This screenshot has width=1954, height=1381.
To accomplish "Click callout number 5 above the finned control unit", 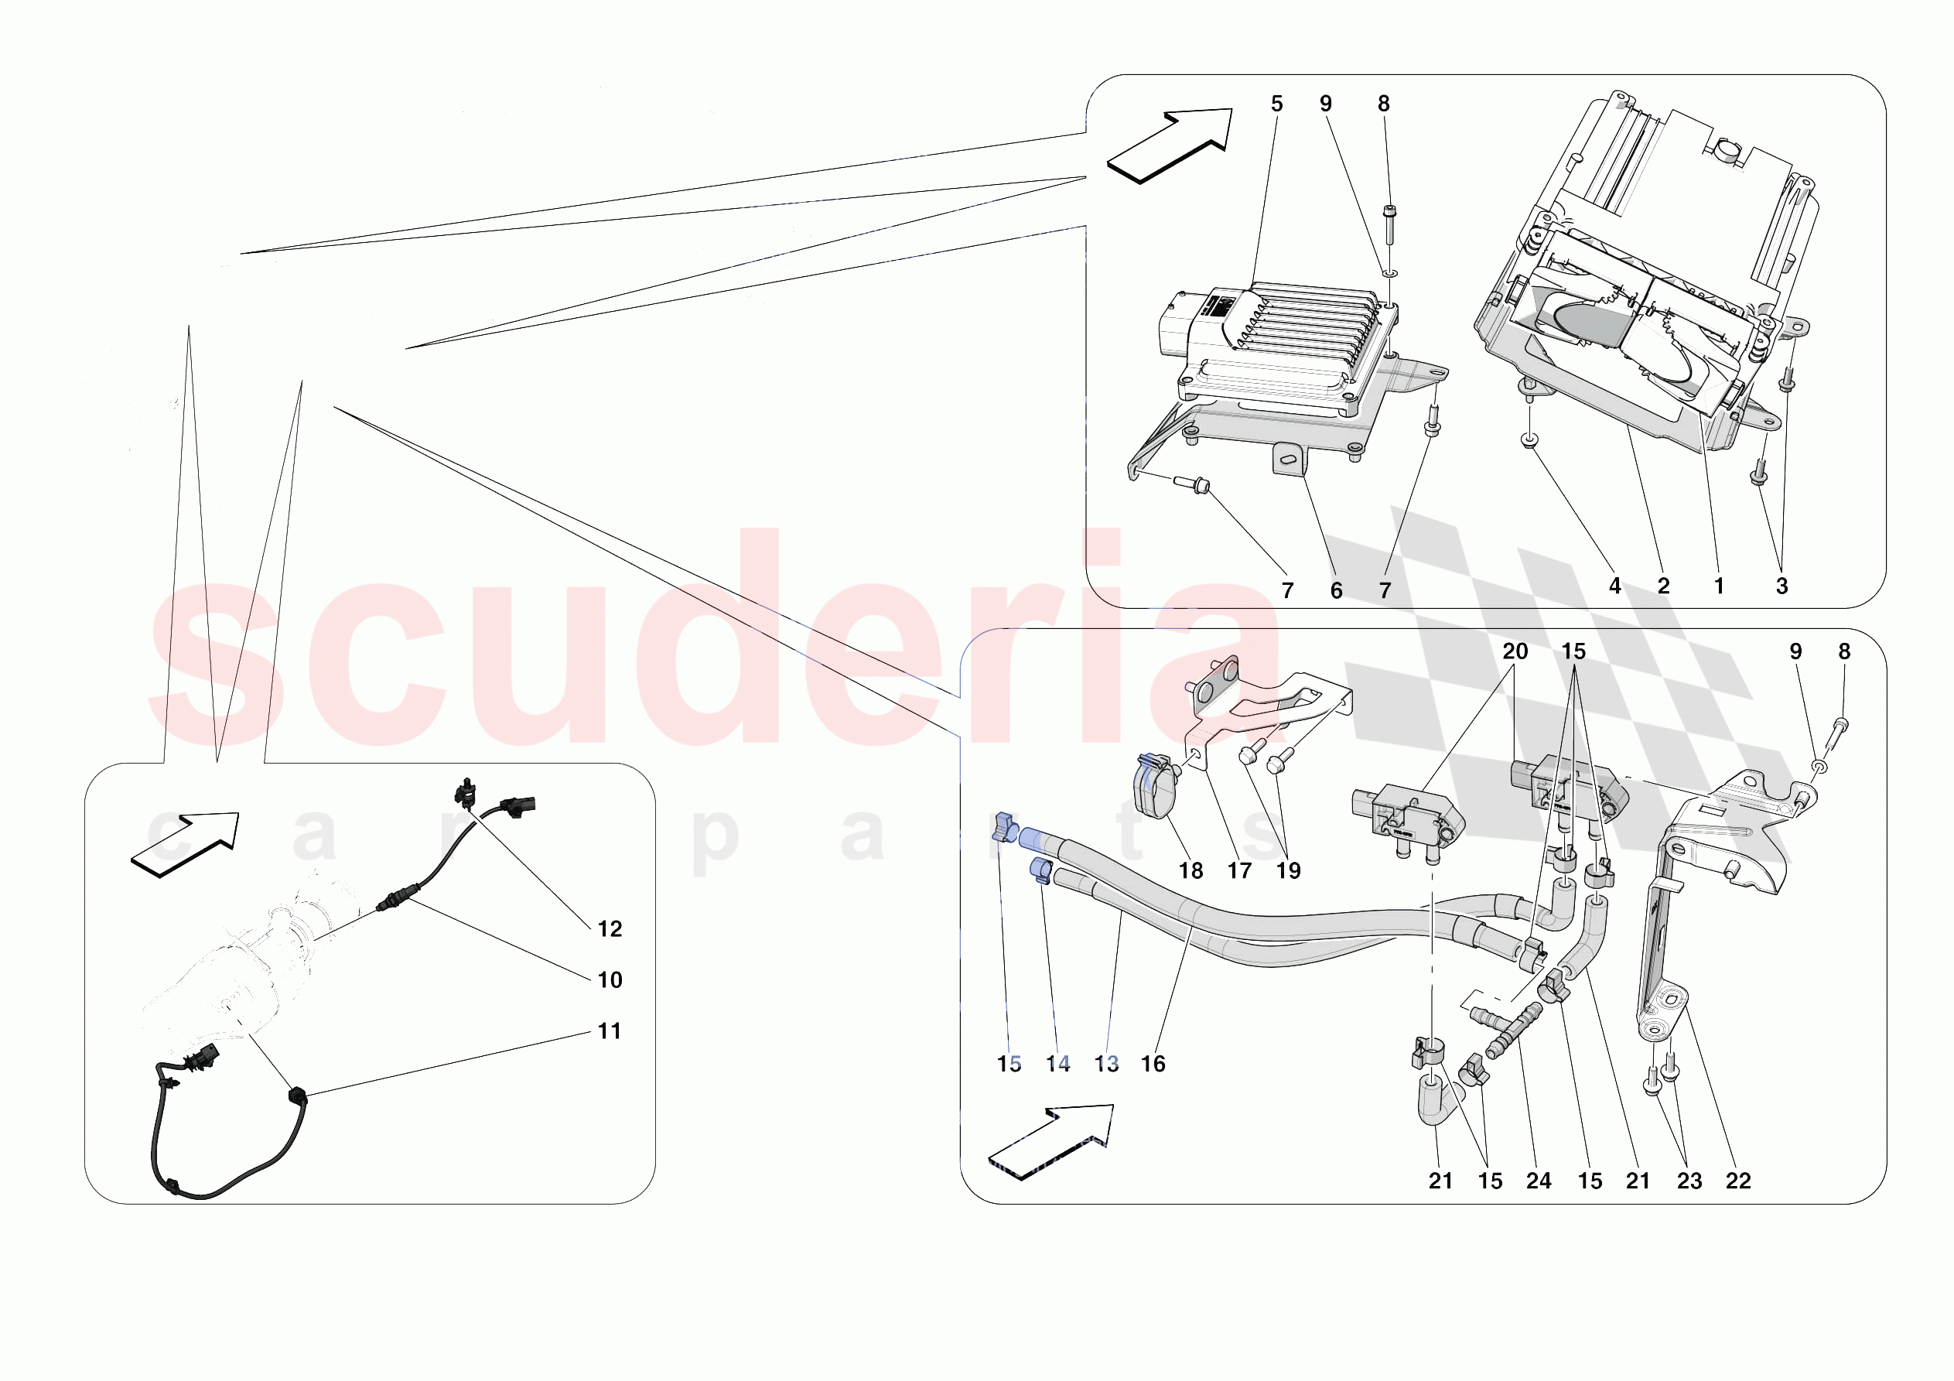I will click(1276, 104).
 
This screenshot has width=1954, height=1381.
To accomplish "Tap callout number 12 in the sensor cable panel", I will click(610, 929).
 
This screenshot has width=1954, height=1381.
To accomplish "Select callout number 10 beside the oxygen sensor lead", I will click(610, 980).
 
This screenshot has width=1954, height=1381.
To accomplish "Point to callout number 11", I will click(610, 1031).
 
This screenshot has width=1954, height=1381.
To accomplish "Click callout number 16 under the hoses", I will click(1153, 1064).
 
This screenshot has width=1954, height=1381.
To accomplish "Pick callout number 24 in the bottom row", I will click(1539, 1181).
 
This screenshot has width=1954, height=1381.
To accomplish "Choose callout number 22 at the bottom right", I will click(1738, 1181).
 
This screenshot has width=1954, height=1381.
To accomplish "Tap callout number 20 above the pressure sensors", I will click(1515, 651).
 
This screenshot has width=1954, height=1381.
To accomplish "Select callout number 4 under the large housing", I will click(1614, 586).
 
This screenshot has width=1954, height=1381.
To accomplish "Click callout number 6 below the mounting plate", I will click(1336, 590).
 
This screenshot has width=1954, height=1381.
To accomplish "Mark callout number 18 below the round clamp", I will click(1191, 870).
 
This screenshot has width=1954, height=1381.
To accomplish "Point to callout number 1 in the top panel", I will click(1718, 586).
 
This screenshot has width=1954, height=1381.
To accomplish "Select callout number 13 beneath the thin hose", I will click(1106, 1064).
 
